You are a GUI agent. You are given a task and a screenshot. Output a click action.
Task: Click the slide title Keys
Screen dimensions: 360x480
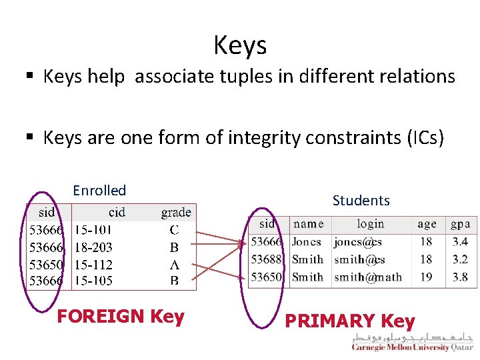coord(240,45)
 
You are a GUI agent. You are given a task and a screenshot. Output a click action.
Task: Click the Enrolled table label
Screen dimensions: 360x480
coord(99,191)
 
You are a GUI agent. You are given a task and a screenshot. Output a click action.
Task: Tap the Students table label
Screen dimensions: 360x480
coord(361,200)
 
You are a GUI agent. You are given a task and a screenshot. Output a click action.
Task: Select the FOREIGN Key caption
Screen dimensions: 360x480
coord(121,316)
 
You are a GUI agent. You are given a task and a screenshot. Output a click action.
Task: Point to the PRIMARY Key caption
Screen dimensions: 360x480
coord(350,321)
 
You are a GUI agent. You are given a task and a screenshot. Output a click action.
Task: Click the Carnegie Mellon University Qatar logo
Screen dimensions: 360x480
coord(412,343)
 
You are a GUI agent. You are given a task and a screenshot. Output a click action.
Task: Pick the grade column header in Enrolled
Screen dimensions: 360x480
coord(176,213)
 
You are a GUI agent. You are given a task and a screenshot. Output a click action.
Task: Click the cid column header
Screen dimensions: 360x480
coord(117,213)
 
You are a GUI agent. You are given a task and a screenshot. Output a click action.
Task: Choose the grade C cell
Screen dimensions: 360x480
coord(174,231)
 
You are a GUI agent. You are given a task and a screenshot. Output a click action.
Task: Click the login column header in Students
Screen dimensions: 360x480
coord(370,224)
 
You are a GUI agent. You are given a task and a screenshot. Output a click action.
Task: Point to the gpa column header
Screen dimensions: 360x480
coord(460,224)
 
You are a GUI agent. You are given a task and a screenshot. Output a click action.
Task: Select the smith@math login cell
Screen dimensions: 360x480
coord(368,277)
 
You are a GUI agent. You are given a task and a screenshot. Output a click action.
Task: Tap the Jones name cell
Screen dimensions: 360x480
coord(307,242)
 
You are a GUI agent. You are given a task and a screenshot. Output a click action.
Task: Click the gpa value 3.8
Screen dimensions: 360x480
coord(460,277)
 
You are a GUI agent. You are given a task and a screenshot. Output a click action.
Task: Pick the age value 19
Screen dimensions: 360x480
coord(426,277)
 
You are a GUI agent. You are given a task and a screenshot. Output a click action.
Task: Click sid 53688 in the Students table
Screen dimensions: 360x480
coord(267,259)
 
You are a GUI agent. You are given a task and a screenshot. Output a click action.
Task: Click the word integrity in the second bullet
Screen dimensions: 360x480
coord(263,137)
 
